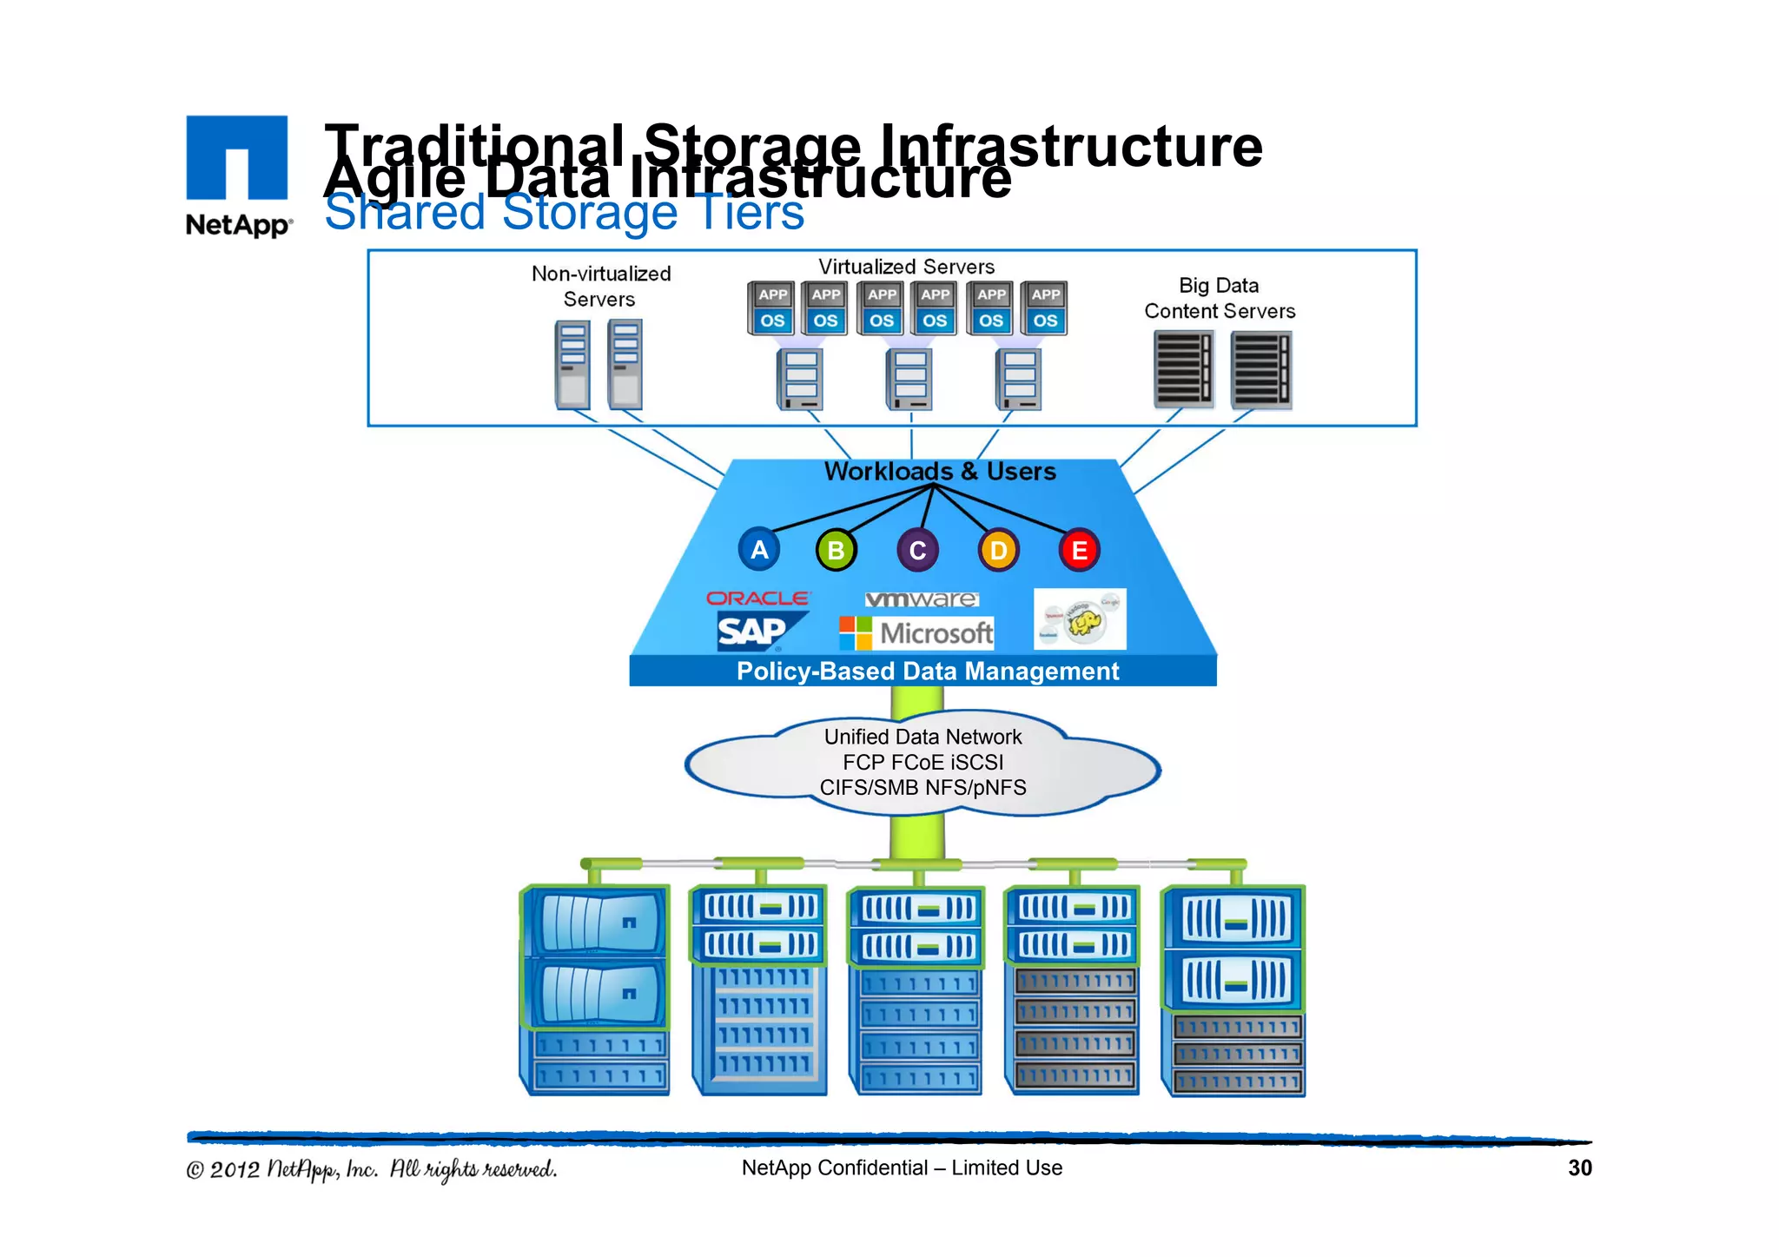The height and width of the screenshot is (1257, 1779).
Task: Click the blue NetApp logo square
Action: click(x=236, y=157)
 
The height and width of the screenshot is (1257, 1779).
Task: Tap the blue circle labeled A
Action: click(x=759, y=550)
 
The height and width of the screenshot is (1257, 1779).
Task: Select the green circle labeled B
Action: click(x=836, y=551)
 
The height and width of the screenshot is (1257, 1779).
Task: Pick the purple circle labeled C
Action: click(x=917, y=551)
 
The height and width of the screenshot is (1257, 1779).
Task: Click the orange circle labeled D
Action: click(x=998, y=551)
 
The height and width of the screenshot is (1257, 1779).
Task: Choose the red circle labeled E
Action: click(x=1079, y=551)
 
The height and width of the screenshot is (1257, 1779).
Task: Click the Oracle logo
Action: click(x=757, y=599)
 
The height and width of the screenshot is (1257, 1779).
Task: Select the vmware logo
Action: click(x=922, y=599)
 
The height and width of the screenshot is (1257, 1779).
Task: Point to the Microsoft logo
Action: click(x=916, y=633)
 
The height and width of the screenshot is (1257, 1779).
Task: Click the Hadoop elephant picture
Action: click(x=1080, y=619)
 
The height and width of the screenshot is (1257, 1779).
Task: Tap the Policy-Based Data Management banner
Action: click(x=926, y=672)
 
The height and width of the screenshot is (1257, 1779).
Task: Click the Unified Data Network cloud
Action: click(x=923, y=763)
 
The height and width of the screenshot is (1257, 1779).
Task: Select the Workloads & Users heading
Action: click(x=939, y=472)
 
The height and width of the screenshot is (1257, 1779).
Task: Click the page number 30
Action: click(x=1579, y=1168)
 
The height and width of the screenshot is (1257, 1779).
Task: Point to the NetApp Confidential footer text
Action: click(x=902, y=1168)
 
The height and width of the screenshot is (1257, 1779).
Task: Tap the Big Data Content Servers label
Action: click(x=1219, y=298)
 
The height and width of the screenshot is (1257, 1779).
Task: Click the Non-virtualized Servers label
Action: click(x=600, y=287)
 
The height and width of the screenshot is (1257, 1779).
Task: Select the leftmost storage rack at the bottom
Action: click(x=596, y=989)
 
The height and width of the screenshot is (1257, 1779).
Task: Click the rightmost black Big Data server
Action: click(x=1260, y=370)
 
